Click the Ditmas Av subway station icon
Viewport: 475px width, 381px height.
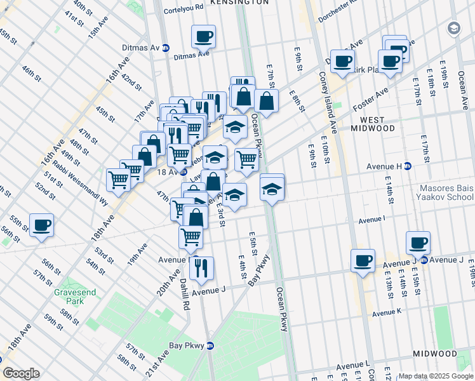tap(166, 48)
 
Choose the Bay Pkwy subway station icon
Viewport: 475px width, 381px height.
tap(211, 345)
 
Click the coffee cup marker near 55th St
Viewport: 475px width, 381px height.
tap(42, 225)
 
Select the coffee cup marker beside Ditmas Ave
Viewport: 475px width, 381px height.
tap(203, 36)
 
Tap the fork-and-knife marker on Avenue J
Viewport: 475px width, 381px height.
tap(202, 268)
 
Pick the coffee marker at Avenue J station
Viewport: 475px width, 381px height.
tap(418, 243)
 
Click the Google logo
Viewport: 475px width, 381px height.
tap(21, 373)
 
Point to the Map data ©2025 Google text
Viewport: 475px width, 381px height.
tap(436, 377)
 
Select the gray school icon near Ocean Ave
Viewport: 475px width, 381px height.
tap(454, 28)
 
